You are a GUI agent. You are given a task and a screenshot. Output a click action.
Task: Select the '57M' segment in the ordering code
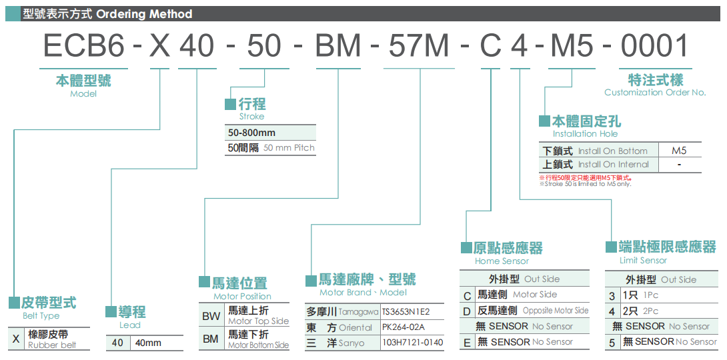coord(418,45)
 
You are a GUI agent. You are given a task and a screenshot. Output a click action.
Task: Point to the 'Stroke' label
coord(251,116)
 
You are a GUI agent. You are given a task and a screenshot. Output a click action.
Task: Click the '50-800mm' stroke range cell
coord(252,133)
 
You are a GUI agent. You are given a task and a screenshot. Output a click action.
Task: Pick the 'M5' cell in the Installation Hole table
coord(679,151)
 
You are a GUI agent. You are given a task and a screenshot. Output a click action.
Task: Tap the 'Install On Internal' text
coord(613,164)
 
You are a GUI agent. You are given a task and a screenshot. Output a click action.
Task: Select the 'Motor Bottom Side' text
coord(259,345)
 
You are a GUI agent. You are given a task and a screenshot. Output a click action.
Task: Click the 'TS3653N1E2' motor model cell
coord(406,311)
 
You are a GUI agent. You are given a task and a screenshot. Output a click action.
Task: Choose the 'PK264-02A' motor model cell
coord(403,327)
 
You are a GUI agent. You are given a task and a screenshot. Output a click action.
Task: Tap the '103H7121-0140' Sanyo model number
coord(412,343)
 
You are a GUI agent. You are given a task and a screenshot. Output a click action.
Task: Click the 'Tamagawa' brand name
coord(359,312)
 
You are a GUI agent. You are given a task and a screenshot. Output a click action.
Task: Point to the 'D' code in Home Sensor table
coord(468,311)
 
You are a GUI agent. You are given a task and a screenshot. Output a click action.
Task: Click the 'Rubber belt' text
coord(52,345)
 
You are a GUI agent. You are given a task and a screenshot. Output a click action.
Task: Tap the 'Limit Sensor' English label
coord(643,260)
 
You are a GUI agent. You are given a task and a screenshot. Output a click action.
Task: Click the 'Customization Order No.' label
coord(655,92)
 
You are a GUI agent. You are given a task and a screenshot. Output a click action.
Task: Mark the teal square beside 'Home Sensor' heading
coord(467,247)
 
